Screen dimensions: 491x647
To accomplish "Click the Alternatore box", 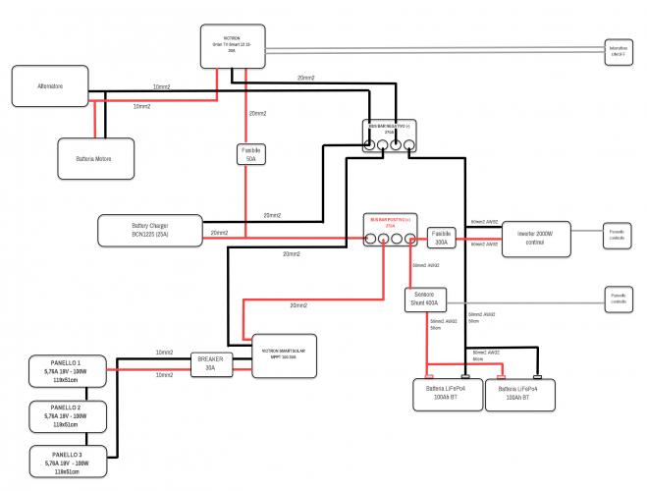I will (x=50, y=86).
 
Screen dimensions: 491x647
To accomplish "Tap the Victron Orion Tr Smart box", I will (x=232, y=48).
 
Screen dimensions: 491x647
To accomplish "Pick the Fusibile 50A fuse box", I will (x=251, y=154).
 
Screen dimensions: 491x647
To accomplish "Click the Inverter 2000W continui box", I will (x=536, y=237).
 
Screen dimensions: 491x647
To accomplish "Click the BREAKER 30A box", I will (x=210, y=364).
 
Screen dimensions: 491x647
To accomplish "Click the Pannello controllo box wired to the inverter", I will (x=618, y=237).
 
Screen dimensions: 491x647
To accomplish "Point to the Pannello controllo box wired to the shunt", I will (x=618, y=300).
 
